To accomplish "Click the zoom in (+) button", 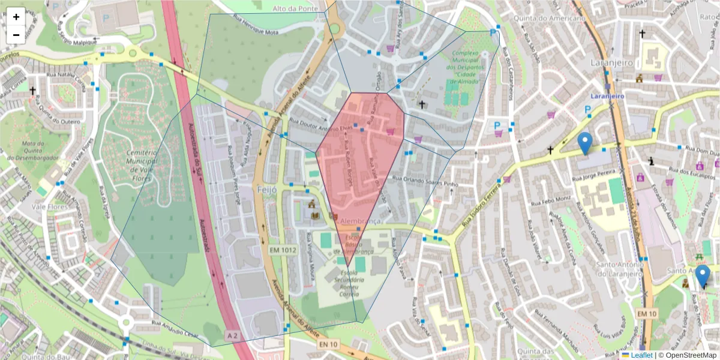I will pyautogui.click(x=16, y=17).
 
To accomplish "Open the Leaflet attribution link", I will pyautogui.click(x=638, y=355).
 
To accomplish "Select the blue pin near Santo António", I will pyautogui.click(x=703, y=277).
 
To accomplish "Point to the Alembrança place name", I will pyautogui.click(x=361, y=221).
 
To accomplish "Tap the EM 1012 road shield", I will pyautogui.click(x=283, y=249).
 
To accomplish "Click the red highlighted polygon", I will pyautogui.click(x=360, y=162).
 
